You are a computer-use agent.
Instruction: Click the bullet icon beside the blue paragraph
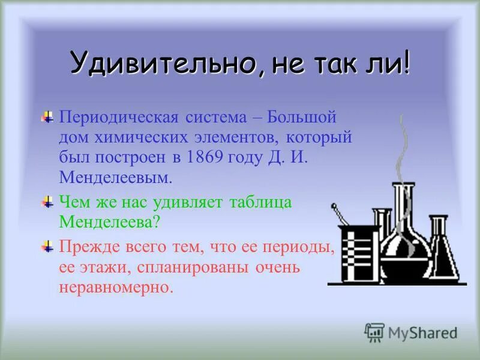tap(47, 115)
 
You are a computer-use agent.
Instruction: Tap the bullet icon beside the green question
tap(47, 202)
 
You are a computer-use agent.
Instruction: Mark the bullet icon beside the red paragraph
tap(47, 247)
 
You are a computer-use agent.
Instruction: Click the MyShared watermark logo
tap(411, 332)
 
